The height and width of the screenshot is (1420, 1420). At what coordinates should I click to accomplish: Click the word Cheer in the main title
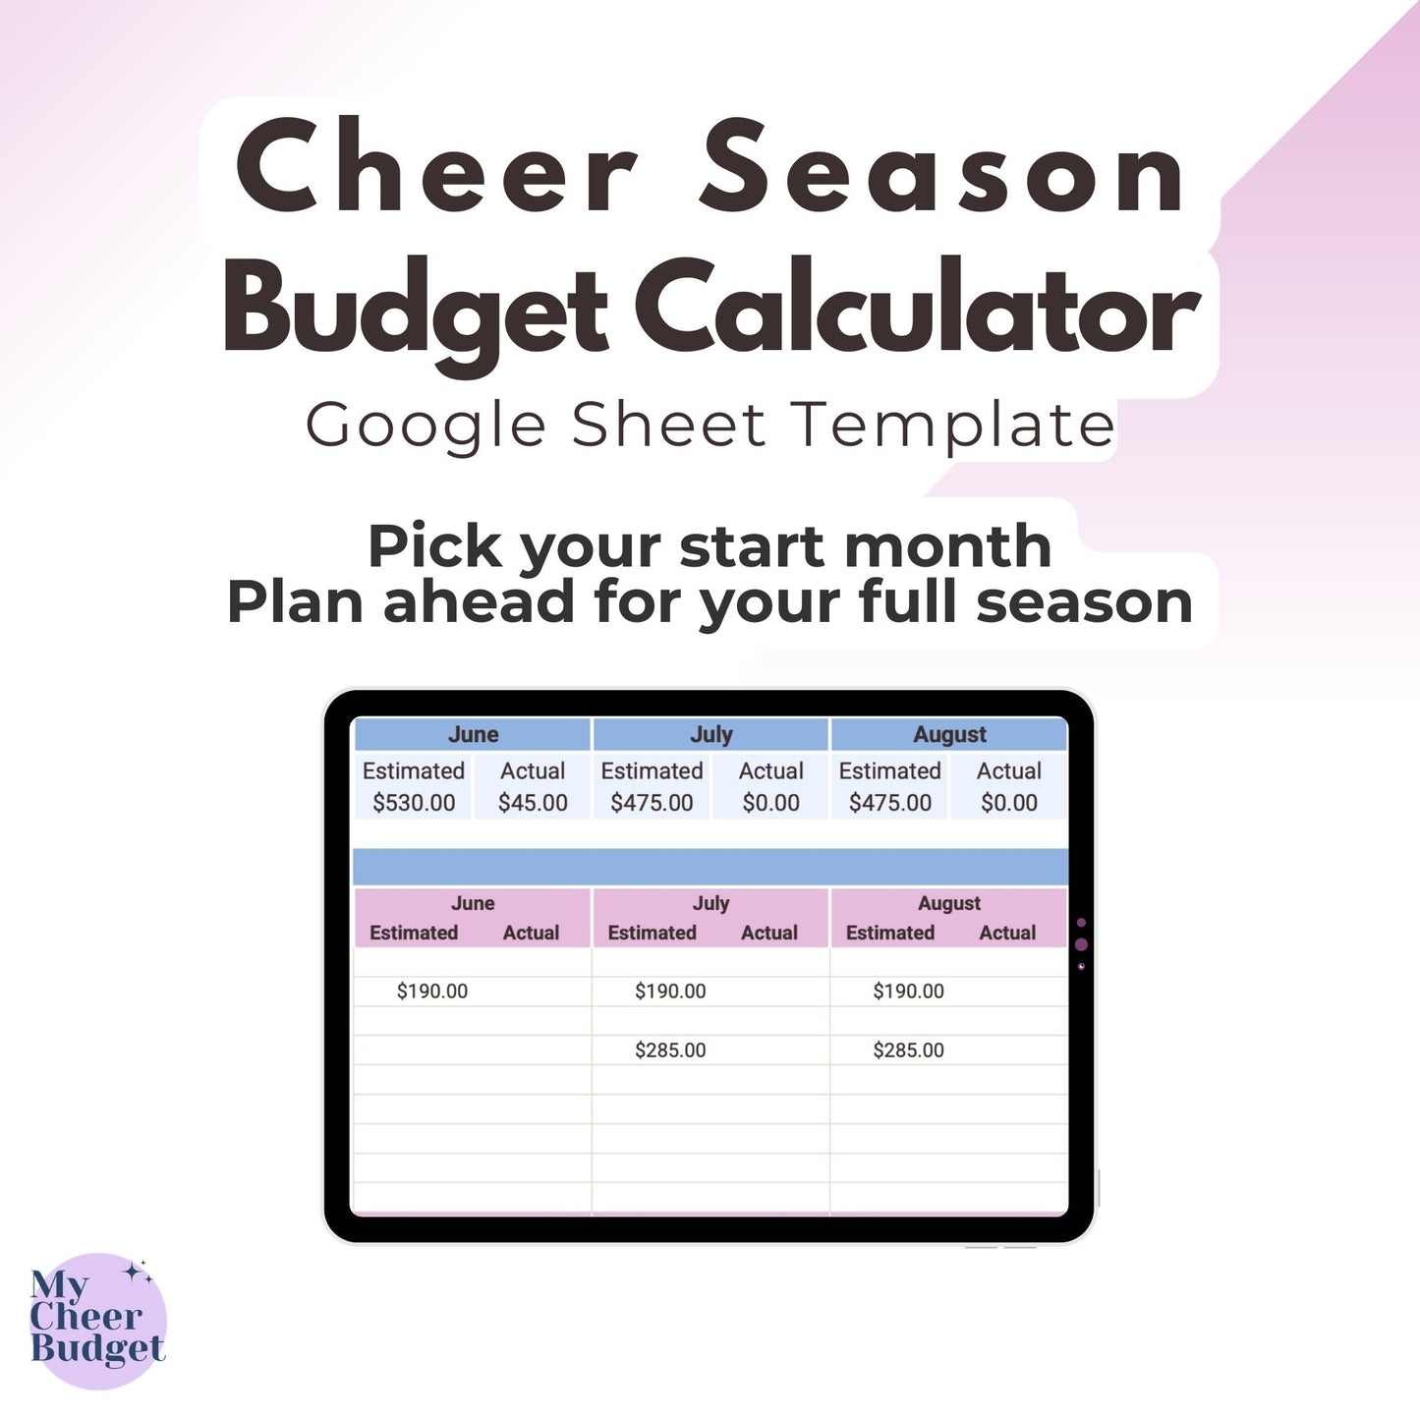(x=437, y=167)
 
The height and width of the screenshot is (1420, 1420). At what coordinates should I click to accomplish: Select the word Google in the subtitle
(x=425, y=426)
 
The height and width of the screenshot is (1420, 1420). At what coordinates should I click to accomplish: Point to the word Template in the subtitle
(x=953, y=426)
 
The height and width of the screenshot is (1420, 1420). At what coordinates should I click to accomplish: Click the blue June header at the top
(x=473, y=735)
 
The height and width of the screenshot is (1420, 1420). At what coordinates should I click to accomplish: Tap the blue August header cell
(x=949, y=735)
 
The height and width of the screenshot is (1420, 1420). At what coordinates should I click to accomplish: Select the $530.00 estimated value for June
(x=414, y=803)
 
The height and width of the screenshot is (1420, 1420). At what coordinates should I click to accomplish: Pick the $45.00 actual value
(x=533, y=803)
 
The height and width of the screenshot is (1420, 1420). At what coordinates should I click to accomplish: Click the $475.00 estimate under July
(x=652, y=803)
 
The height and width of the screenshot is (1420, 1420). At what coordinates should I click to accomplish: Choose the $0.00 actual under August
(x=1009, y=803)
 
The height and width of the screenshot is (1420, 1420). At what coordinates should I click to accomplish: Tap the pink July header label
(x=710, y=903)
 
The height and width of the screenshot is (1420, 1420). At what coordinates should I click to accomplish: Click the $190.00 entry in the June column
(x=432, y=992)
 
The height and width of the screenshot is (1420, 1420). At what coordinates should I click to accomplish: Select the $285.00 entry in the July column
(x=670, y=1051)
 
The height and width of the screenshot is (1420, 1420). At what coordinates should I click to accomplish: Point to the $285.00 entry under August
(x=908, y=1051)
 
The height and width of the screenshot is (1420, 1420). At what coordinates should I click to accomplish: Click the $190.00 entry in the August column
(x=908, y=992)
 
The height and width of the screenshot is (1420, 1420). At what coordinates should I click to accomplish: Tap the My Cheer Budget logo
(x=97, y=1320)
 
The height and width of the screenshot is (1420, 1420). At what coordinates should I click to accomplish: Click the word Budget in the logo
(x=97, y=1348)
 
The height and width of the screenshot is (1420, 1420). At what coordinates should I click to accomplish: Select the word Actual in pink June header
(x=531, y=933)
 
